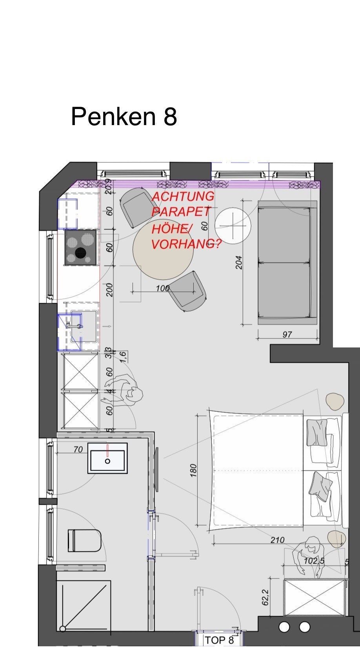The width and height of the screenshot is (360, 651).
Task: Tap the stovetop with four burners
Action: pos(81,247)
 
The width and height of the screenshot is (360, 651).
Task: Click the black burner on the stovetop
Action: pos(81,253)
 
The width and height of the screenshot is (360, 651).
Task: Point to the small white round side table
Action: pos(233,225)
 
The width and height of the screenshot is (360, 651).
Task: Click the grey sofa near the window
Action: pos(287,262)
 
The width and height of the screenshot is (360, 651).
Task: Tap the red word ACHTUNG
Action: pos(183,197)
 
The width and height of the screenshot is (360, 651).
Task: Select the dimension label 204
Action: pos(239,262)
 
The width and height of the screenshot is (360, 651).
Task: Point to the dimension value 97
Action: pos(287,335)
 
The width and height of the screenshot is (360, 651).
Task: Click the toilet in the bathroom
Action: pos(85,541)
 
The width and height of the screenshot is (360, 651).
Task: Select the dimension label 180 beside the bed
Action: pos(193,471)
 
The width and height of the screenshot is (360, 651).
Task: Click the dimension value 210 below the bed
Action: pos(278,540)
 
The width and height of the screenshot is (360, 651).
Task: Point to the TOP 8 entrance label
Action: pos(219,640)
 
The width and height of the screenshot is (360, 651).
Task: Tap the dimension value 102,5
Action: pos(314,561)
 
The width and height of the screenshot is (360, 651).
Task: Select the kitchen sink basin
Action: pos(84,326)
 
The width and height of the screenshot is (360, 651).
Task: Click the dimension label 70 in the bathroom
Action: pos(78,449)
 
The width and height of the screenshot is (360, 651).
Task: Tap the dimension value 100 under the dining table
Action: pos(163,288)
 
